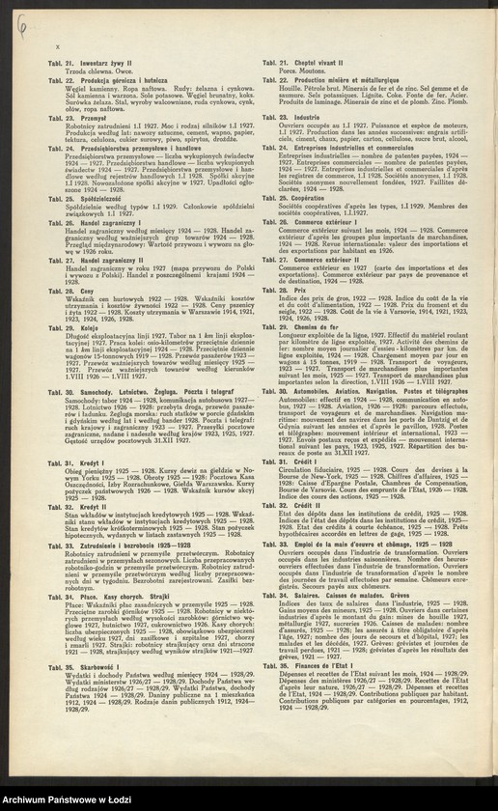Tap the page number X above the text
(59, 47)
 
